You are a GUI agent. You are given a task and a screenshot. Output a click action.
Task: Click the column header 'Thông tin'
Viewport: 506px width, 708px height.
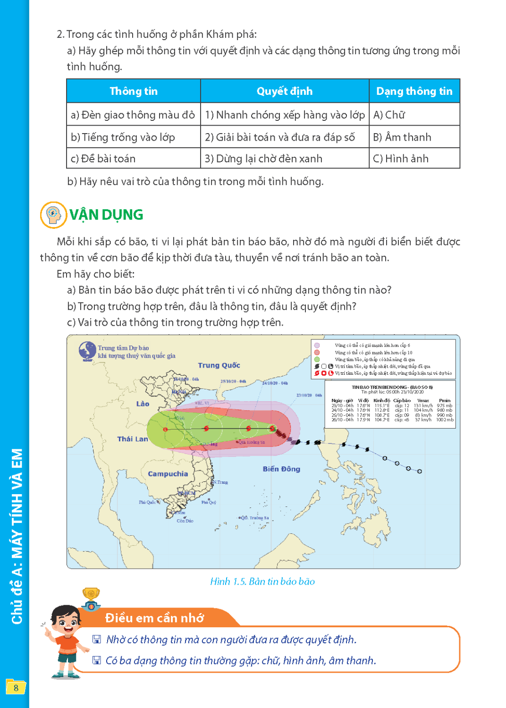(134, 91)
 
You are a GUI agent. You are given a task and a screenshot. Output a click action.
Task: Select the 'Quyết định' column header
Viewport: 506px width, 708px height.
(284, 91)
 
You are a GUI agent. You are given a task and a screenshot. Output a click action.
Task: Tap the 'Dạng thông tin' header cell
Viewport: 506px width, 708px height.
(414, 91)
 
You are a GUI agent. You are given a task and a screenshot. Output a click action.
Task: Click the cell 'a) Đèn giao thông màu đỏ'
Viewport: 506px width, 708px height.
(133, 115)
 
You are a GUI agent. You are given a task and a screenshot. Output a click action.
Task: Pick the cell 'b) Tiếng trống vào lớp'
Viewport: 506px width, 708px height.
(123, 137)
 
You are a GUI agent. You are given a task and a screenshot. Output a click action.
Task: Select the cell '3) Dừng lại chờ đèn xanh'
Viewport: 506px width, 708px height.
(263, 159)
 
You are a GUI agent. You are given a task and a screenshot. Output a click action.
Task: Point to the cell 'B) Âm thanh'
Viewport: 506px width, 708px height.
(402, 137)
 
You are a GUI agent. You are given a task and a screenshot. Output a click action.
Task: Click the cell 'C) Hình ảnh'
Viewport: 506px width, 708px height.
(401, 159)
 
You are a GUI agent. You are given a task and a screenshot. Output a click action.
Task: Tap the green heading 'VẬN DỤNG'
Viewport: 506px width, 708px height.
(106, 215)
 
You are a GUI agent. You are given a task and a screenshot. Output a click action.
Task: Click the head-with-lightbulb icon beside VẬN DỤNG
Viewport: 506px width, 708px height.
(53, 215)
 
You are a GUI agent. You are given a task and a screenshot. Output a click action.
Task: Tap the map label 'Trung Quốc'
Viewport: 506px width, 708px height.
(219, 365)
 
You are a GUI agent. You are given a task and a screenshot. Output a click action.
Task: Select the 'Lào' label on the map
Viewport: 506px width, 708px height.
(143, 404)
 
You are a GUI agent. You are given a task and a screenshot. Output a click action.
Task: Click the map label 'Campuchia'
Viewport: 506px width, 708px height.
(168, 474)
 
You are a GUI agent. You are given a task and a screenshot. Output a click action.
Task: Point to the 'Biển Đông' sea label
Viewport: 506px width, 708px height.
(281, 469)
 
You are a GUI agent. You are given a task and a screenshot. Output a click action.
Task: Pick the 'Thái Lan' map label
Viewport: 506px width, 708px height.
(133, 439)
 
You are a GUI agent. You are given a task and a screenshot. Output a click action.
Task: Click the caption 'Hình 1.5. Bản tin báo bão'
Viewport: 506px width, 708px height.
(262, 582)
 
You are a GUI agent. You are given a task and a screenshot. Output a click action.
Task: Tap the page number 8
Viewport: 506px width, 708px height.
(16, 688)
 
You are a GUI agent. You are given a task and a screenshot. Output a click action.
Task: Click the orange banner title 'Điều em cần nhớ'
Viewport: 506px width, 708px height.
(154, 618)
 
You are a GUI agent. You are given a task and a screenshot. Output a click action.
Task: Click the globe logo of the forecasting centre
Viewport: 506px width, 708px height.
(87, 351)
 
